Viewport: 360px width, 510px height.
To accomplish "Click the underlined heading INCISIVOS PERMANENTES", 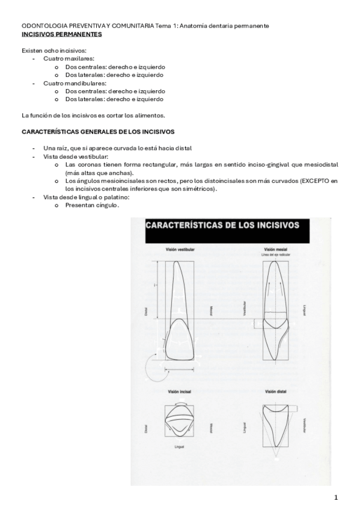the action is pyautogui.click(x=61, y=34).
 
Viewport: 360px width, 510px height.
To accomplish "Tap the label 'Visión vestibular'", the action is pyautogui.click(x=180, y=249).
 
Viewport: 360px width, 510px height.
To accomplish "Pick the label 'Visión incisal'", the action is pyautogui.click(x=179, y=390).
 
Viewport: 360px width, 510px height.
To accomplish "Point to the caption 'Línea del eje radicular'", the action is pyautogui.click(x=276, y=254).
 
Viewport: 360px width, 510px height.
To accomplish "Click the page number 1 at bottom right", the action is pyautogui.click(x=337, y=498).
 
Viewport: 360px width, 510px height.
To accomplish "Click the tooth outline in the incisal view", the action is pyautogui.click(x=178, y=419).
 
